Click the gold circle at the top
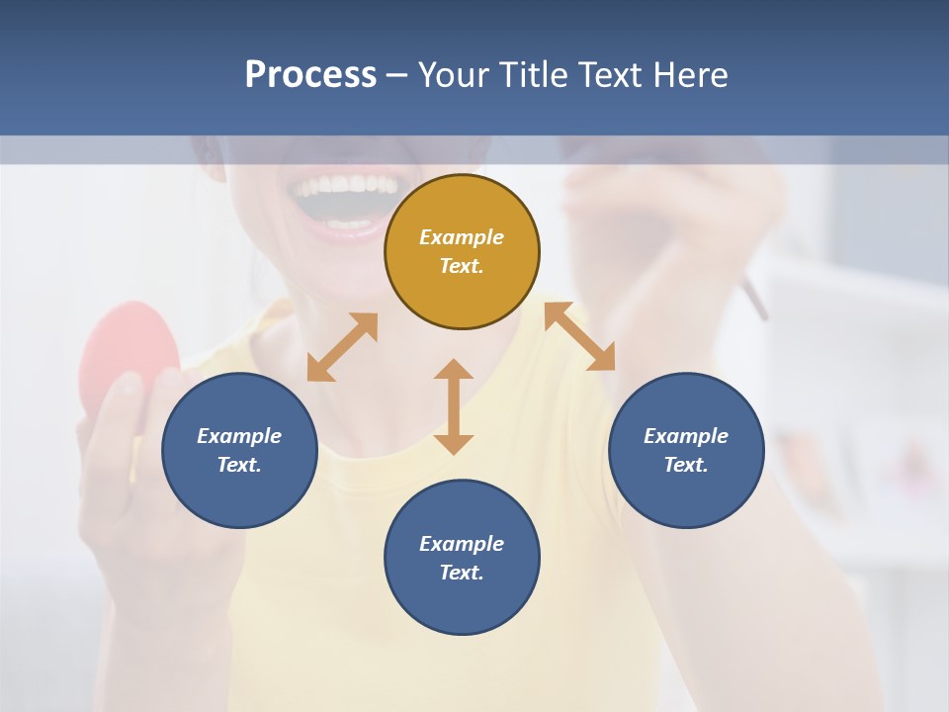pyautogui.click(x=462, y=251)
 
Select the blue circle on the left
pyautogui.click(x=239, y=450)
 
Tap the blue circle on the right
pyautogui.click(x=686, y=450)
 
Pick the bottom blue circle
pyautogui.click(x=462, y=558)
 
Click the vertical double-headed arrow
pyautogui.click(x=454, y=406)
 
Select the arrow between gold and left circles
pyautogui.click(x=342, y=347)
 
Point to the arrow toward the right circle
pyautogui.click(x=580, y=336)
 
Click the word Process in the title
pyautogui.click(x=310, y=75)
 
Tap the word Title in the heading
pyautogui.click(x=536, y=75)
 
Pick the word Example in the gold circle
pyautogui.click(x=462, y=237)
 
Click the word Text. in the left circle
pyautogui.click(x=239, y=465)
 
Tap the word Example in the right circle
pyautogui.click(x=686, y=436)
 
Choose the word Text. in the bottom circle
pyautogui.click(x=462, y=573)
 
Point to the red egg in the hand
pyautogui.click(x=129, y=351)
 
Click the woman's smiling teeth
pyautogui.click(x=346, y=185)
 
